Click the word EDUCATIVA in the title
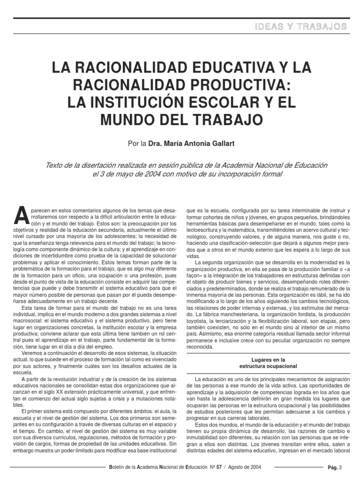pyautogui.click(x=210, y=67)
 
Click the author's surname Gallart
pyautogui.click(x=217, y=143)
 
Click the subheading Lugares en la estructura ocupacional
pyautogui.click(x=268, y=362)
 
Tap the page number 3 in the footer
pyautogui.click(x=341, y=468)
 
